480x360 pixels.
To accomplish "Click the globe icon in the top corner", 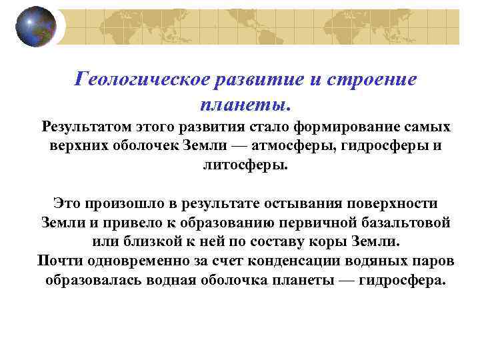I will pyautogui.click(x=36, y=27).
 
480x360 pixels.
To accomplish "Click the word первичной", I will pyautogui.click(x=310, y=223).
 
